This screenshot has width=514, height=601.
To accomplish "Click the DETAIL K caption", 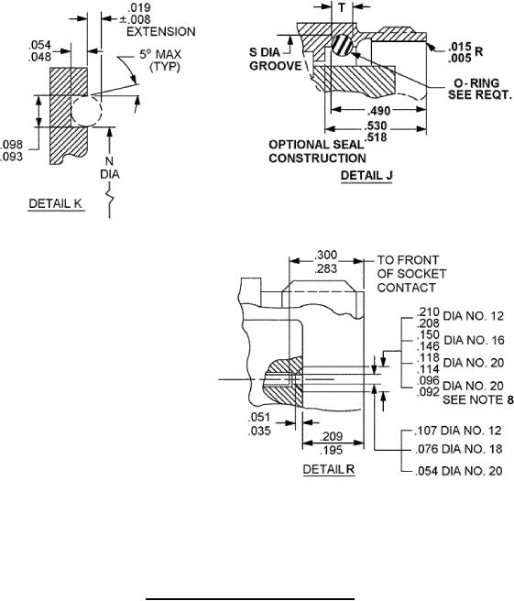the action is click(56, 203).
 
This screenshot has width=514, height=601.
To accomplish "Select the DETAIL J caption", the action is click(366, 176).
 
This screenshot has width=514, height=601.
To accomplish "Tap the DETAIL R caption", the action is click(329, 469).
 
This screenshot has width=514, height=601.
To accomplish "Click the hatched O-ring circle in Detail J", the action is click(342, 45).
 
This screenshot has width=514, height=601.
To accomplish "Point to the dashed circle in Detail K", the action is click(87, 111).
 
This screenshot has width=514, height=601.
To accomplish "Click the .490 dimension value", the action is click(378, 111).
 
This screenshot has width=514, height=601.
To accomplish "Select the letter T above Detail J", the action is click(342, 7).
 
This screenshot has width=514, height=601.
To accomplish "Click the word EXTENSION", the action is click(161, 31).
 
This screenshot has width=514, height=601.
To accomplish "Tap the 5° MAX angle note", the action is click(160, 54).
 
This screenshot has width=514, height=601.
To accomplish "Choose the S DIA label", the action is click(265, 52).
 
